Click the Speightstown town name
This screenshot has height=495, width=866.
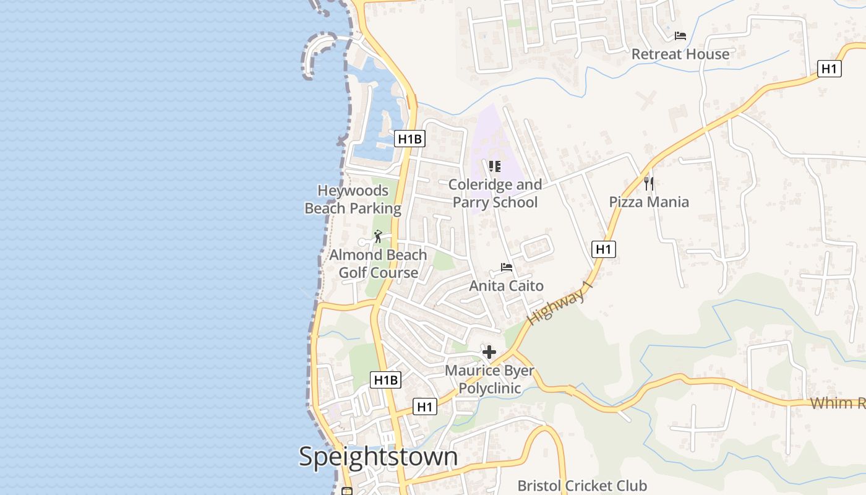click(x=378, y=457)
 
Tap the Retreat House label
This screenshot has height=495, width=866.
click(x=680, y=54)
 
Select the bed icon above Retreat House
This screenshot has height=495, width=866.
click(x=680, y=36)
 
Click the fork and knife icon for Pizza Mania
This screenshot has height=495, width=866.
click(x=649, y=183)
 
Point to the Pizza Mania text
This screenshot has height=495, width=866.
click(x=649, y=202)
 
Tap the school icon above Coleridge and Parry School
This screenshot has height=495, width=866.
click(x=494, y=166)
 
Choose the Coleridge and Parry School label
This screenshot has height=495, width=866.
click(x=495, y=193)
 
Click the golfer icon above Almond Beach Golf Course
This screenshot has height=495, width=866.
click(x=378, y=236)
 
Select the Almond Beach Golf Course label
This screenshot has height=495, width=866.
click(x=378, y=264)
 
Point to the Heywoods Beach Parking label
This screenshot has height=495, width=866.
click(x=353, y=199)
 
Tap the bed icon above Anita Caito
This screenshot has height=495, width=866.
click(x=507, y=267)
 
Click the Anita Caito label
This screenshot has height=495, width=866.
click(x=507, y=285)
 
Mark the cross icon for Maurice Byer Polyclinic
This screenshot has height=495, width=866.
click(x=489, y=352)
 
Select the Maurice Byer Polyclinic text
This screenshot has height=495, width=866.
click(x=489, y=379)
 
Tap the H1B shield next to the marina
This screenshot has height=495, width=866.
click(x=409, y=139)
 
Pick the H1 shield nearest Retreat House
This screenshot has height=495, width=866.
click(x=829, y=69)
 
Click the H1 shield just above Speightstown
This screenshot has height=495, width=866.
click(x=424, y=407)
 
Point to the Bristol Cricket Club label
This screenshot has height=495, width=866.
click(x=581, y=486)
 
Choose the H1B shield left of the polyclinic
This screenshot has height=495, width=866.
click(x=385, y=380)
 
